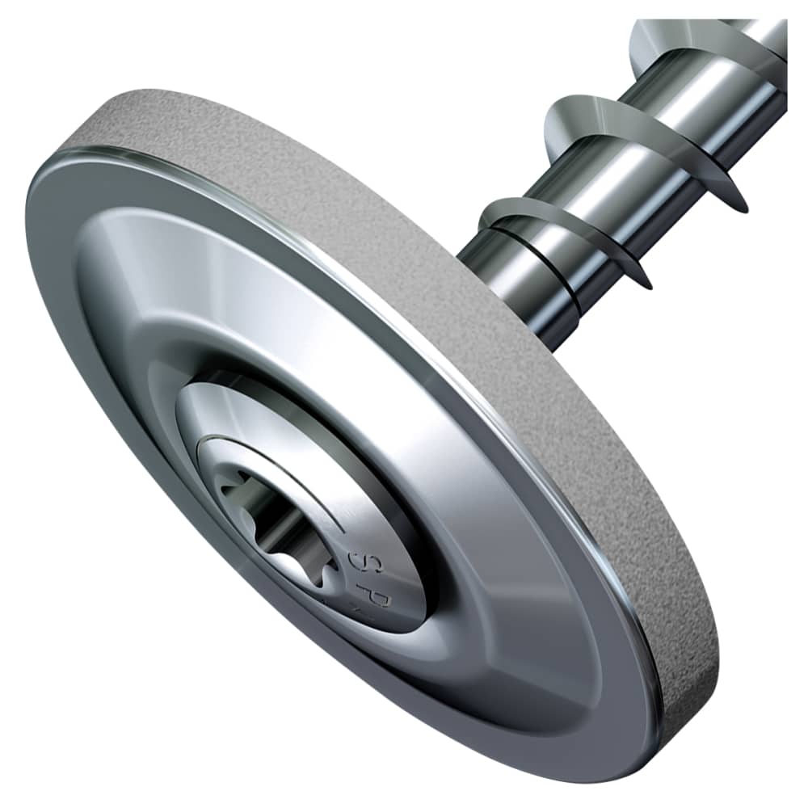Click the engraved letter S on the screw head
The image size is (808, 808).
tap(358, 558)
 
